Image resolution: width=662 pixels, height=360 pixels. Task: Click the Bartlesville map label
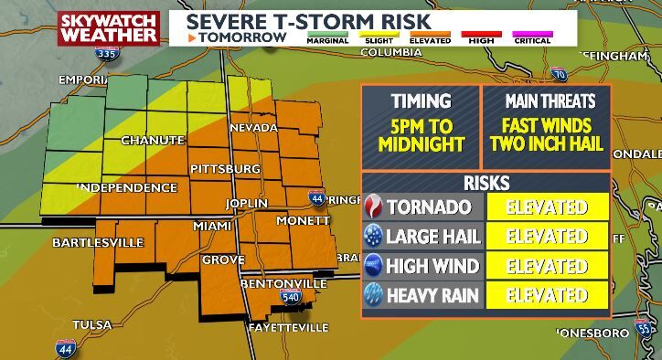pyautogui.click(x=98, y=242)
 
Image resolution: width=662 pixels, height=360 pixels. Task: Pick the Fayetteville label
pyautogui.click(x=288, y=327)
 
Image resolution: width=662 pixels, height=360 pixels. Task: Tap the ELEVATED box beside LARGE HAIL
pyautogui.click(x=547, y=237)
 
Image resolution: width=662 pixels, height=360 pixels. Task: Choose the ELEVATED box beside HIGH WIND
pyautogui.click(x=547, y=266)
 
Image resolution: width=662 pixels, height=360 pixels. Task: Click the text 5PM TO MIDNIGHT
pyautogui.click(x=421, y=134)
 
